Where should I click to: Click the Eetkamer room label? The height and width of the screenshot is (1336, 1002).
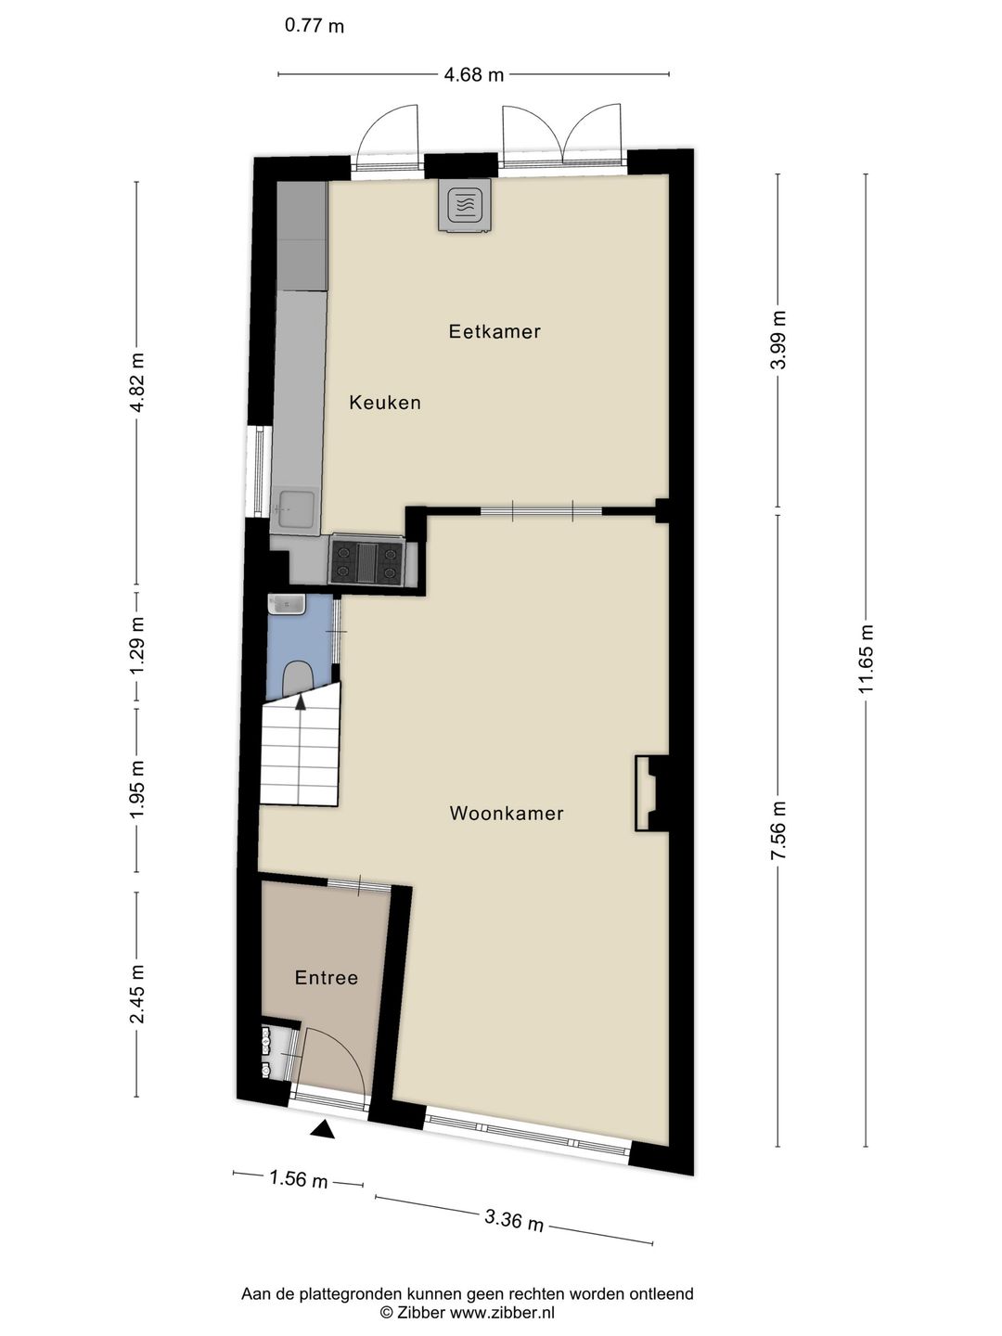[x=495, y=331]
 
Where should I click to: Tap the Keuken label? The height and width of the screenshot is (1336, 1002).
[x=385, y=403]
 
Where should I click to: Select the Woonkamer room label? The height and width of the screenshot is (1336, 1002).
[x=507, y=814]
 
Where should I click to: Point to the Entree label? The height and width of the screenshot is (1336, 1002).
[x=327, y=978]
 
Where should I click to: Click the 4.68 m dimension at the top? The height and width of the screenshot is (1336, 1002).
[x=473, y=75]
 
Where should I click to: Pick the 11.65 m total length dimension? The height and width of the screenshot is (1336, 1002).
[x=867, y=658]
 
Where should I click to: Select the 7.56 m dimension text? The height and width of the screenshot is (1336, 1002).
[x=778, y=830]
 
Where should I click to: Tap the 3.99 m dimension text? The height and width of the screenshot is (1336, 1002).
[x=778, y=340]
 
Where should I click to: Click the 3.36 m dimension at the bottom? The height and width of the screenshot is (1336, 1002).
[x=514, y=1219]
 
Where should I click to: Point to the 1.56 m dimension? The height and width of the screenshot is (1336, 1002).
[x=298, y=1179]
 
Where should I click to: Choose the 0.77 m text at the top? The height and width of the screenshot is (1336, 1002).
[x=315, y=26]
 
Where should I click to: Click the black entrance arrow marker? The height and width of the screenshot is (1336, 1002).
[x=322, y=1129]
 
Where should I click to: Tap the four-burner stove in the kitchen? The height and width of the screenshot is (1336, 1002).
[x=366, y=561]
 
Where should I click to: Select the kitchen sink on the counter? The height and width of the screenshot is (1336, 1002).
[x=296, y=509]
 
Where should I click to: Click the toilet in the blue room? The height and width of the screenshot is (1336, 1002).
[x=298, y=676]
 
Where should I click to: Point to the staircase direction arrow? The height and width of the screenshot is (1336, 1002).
[x=300, y=702]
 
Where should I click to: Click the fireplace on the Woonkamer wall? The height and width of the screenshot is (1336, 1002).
[x=648, y=793]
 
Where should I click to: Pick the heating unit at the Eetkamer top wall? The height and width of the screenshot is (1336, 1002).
[x=466, y=205]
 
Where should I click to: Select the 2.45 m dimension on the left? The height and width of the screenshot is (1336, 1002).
[x=137, y=994]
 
